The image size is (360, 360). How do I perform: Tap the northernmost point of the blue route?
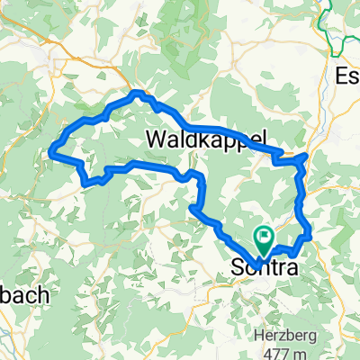point(138,92)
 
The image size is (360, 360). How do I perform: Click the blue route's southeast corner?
point(309,236)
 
